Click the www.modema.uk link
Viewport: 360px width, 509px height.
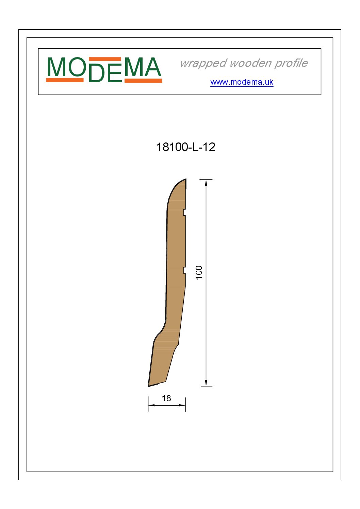coord(242,82)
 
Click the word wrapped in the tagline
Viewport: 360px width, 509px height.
coord(203,64)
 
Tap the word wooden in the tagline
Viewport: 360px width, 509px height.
coord(250,63)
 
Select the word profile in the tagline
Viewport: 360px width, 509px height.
coord(291,63)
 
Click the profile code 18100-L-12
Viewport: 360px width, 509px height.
coord(186,147)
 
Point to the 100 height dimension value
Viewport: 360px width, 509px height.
coord(199,272)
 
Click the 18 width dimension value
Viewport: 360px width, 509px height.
coord(166,398)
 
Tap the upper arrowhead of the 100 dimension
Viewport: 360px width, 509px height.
coord(206,183)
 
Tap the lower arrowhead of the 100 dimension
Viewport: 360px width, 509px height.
coord(206,383)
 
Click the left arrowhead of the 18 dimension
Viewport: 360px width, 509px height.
coord(151,405)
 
